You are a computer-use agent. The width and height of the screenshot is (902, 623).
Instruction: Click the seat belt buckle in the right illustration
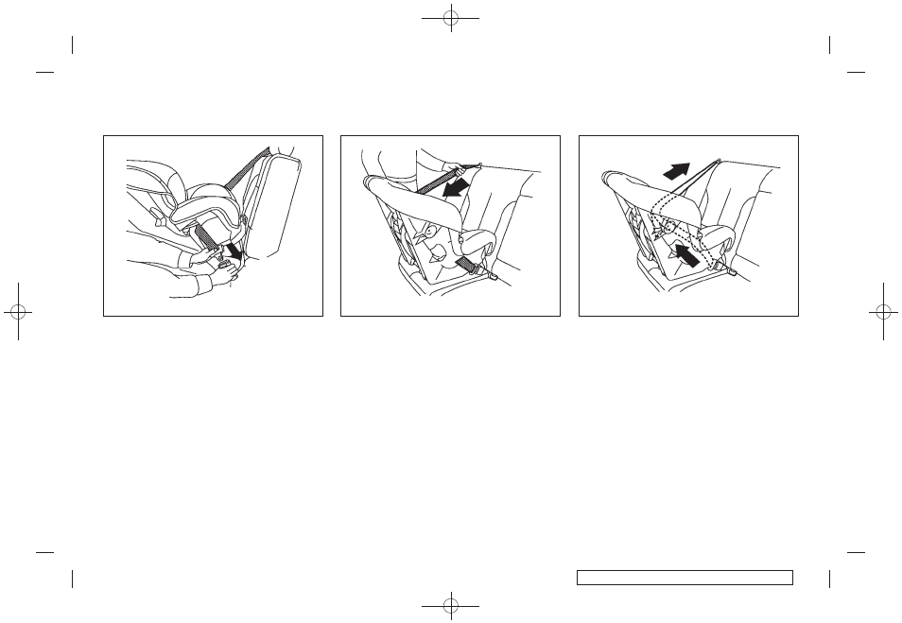(x=733, y=272)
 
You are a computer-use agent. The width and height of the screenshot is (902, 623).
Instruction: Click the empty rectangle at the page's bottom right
(x=684, y=577)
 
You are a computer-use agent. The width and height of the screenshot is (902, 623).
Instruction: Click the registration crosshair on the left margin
(x=18, y=311)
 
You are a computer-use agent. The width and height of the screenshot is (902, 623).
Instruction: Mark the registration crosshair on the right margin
(x=883, y=311)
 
